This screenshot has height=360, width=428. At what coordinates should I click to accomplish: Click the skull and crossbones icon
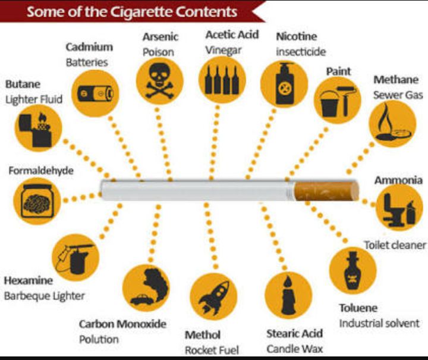pos(160,81)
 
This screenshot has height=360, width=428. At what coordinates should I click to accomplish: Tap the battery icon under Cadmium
pos(95,93)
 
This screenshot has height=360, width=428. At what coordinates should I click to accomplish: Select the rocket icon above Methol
pos(214,298)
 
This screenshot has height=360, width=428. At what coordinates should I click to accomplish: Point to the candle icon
pos(288,295)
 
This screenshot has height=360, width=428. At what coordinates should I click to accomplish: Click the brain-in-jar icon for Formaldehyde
pos(37,201)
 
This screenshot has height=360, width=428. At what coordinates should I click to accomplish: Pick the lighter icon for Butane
pos(35,130)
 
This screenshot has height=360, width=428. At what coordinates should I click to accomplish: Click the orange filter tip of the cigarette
pos(327,190)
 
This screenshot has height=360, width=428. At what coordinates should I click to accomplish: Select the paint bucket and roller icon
pos(338,101)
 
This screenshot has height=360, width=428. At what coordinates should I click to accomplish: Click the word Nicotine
pos(297,36)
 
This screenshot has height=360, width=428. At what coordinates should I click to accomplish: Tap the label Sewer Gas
pos(398,95)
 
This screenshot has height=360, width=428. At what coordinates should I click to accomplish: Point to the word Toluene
pos(358,308)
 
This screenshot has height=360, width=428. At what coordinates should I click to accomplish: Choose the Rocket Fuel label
pos(212,350)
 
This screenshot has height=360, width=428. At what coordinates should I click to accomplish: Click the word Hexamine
pos(29,280)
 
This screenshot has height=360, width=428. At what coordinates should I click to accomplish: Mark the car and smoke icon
pos(147,287)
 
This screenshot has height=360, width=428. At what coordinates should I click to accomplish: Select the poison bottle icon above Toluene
pos(353,271)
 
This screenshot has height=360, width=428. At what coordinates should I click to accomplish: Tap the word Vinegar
pos(224,51)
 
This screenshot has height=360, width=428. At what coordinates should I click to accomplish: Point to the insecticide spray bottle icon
pos(284,83)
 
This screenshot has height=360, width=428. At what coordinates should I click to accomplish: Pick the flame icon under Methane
pos(392,123)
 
